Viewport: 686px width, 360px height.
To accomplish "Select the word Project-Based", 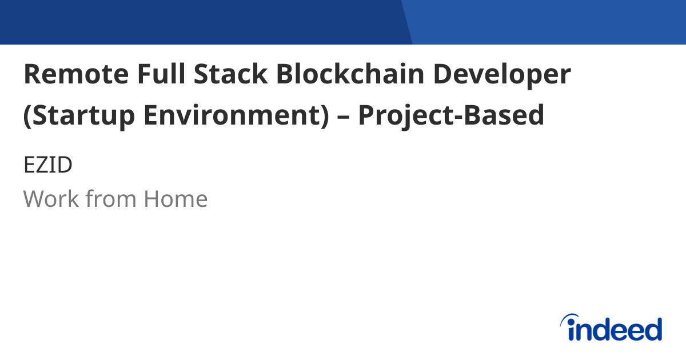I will click(452, 115).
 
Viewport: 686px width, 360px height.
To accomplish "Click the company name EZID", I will click(48, 166).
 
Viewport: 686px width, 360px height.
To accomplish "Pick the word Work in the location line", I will click(50, 199).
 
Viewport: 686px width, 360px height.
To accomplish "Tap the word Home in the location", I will click(176, 199).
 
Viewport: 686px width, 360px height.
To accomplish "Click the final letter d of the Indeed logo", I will click(653, 330).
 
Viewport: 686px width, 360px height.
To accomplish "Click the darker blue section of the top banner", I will click(200, 22).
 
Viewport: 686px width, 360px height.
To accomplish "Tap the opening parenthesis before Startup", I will click(27, 116).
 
